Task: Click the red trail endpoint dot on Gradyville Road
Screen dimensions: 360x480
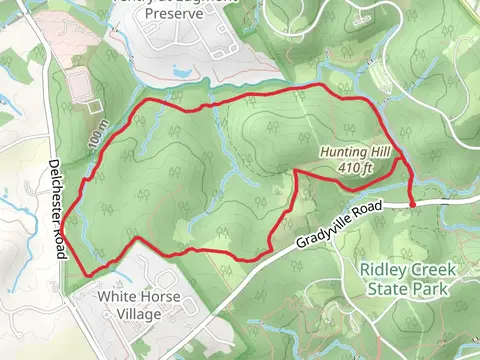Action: point(412,203)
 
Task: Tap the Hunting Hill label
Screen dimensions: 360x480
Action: point(352,153)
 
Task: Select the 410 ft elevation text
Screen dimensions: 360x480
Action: point(356,167)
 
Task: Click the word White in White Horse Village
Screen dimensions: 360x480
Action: point(118,297)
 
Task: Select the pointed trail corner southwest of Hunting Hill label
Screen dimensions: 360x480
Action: point(297,171)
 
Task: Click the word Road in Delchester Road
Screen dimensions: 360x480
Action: point(60,240)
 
